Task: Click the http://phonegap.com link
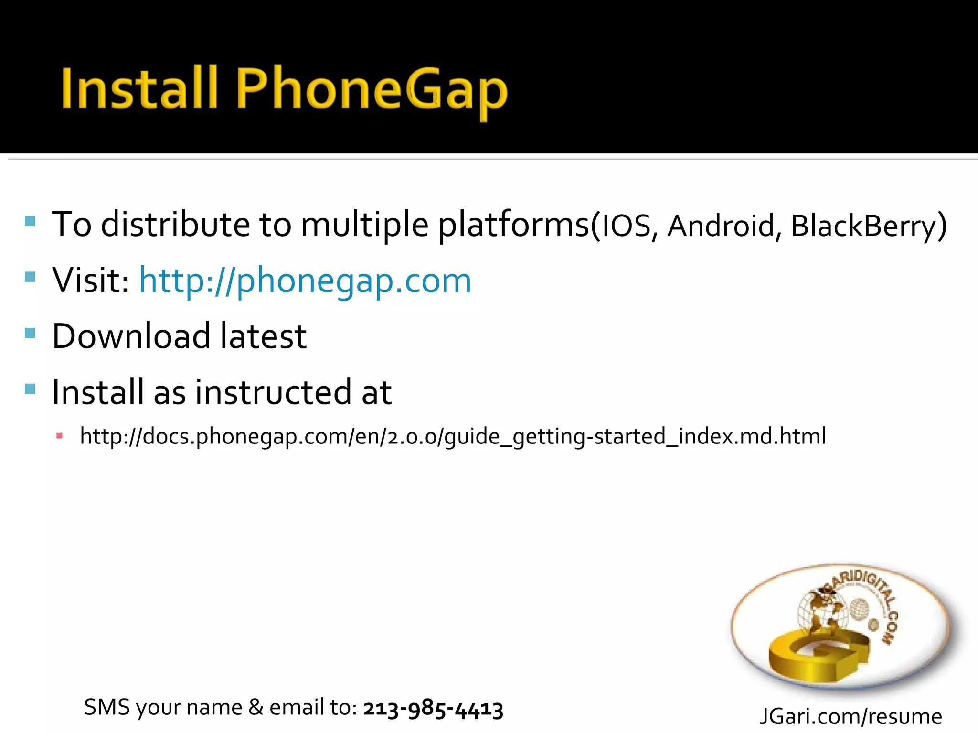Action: pyautogui.click(x=305, y=280)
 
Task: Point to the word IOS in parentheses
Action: pyautogui.click(x=626, y=226)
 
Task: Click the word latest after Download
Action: pyautogui.click(x=263, y=336)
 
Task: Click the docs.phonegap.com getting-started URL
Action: pyautogui.click(x=453, y=436)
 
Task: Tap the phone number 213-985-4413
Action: pyautogui.click(x=433, y=708)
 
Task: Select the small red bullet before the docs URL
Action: pyautogui.click(x=60, y=436)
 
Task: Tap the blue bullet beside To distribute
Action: pyautogui.click(x=30, y=221)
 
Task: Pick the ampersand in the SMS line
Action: pyautogui.click(x=256, y=707)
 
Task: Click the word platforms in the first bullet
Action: pyautogui.click(x=514, y=225)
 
